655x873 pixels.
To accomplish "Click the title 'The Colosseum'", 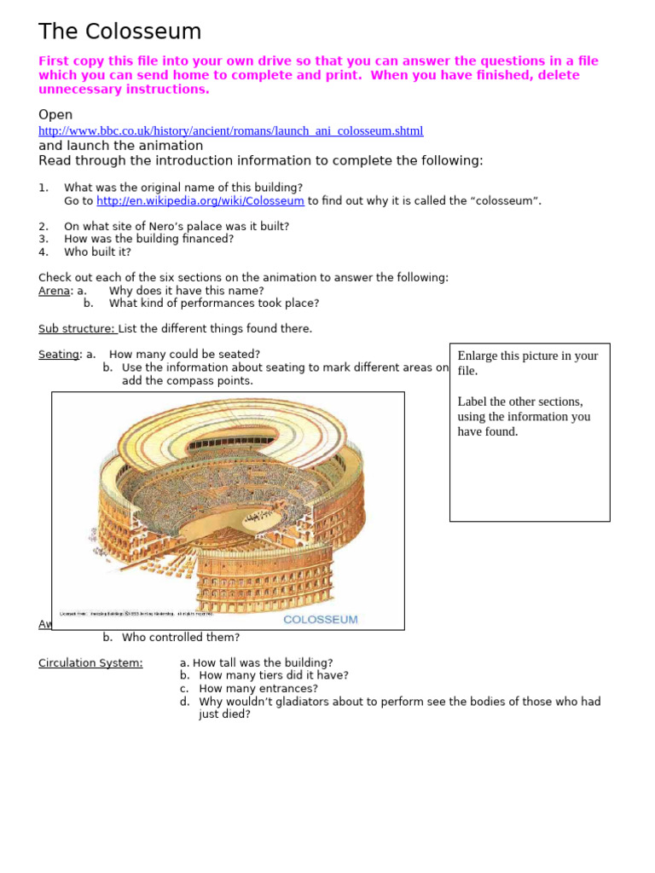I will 119,32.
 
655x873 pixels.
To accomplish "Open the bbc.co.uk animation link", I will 230,131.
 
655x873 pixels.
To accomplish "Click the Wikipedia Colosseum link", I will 200,201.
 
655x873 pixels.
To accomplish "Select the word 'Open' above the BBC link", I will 55,115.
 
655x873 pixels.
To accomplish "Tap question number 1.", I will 43,188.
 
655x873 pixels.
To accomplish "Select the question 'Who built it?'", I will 98,252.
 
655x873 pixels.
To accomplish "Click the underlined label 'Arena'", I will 54,291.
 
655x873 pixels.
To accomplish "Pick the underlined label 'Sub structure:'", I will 77,329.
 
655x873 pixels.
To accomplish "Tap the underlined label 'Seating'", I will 59,355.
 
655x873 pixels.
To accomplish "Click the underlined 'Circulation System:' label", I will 90,663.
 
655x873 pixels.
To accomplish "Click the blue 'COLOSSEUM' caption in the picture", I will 321,620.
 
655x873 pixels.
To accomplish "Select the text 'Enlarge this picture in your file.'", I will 527,363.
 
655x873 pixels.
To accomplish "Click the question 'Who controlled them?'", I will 181,638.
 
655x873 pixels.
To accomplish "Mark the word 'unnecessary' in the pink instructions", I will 76,90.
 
